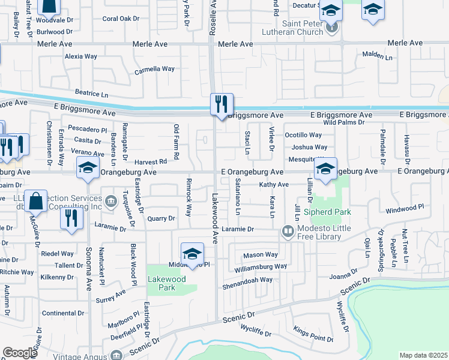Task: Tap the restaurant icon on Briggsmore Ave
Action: point(221,104)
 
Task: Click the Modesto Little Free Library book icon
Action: point(288,231)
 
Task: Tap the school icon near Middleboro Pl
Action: point(192,253)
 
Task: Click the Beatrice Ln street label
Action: point(91,94)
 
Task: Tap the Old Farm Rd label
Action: point(176,142)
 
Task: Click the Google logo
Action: point(20,352)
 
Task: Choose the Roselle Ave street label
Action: point(212,18)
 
